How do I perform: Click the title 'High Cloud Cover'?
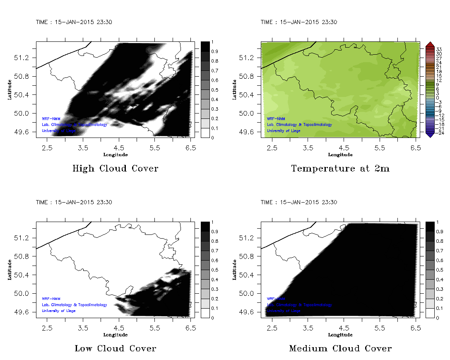click(x=115, y=169)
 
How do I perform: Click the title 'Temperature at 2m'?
click(x=340, y=169)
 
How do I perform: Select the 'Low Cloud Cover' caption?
click(x=115, y=348)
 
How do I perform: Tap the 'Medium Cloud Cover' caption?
click(x=340, y=348)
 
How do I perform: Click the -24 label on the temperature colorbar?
click(x=440, y=133)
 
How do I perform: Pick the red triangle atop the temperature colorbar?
click(x=429, y=44)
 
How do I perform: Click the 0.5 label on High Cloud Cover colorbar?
click(x=214, y=90)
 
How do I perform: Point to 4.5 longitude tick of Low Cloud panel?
click(x=119, y=327)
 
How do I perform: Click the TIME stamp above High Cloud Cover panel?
click(x=74, y=22)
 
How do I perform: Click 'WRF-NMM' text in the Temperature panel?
click(x=276, y=118)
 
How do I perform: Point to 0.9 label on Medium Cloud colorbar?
click(x=439, y=232)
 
